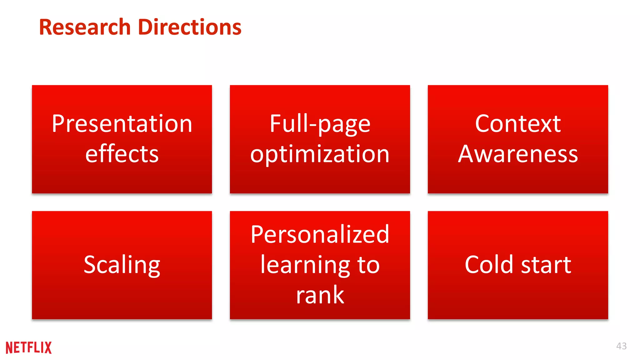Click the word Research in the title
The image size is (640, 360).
85,27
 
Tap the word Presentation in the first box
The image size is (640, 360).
122,124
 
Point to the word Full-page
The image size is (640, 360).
320,124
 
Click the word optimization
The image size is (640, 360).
320,154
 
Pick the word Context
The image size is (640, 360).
518,124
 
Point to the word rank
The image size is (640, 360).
320,295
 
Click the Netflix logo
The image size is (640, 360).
29,347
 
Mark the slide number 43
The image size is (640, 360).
621,346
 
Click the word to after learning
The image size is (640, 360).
369,265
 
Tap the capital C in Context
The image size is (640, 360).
482,124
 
